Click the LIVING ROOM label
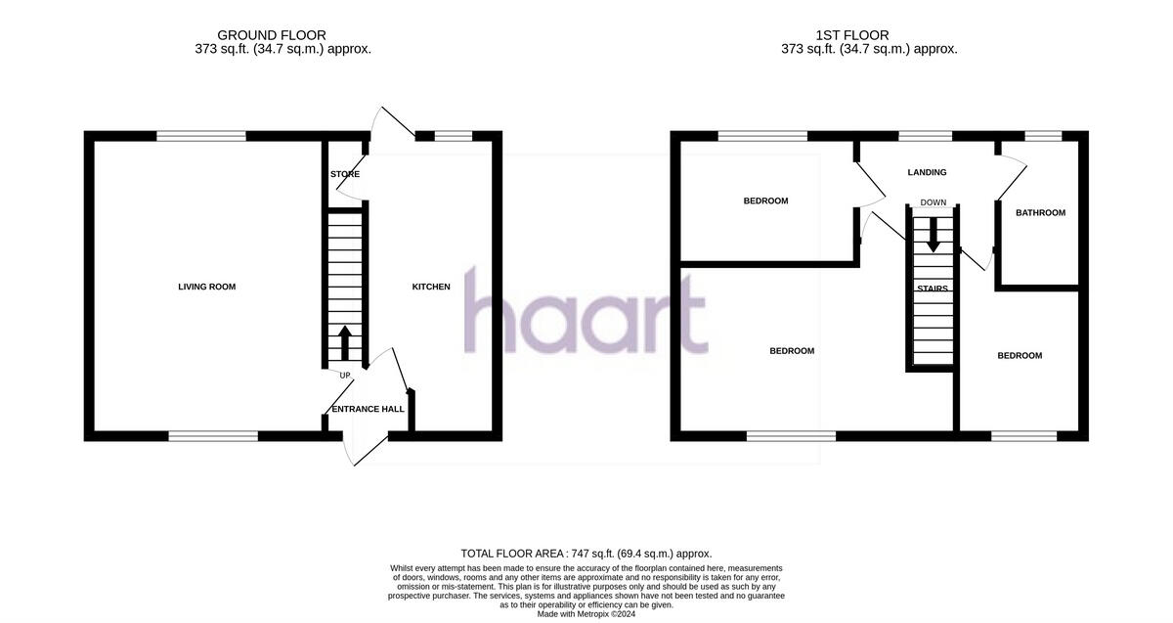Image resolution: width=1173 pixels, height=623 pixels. (x=206, y=287)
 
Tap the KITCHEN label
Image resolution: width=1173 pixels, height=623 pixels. (x=431, y=287)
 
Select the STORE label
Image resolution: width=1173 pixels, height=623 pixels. (x=345, y=174)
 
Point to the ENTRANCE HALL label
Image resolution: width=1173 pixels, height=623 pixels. (x=368, y=409)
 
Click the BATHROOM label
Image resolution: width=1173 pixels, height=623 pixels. (x=1040, y=212)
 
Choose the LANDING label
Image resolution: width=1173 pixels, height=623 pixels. (x=927, y=172)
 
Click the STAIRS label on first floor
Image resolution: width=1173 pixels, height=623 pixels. (x=932, y=289)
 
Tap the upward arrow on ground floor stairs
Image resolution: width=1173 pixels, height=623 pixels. (x=344, y=342)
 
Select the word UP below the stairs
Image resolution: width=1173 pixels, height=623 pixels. (x=345, y=376)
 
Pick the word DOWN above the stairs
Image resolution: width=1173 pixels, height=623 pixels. (x=933, y=202)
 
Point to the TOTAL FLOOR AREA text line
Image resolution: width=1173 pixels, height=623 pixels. (x=586, y=554)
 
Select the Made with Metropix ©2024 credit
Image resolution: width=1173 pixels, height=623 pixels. (x=586, y=614)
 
